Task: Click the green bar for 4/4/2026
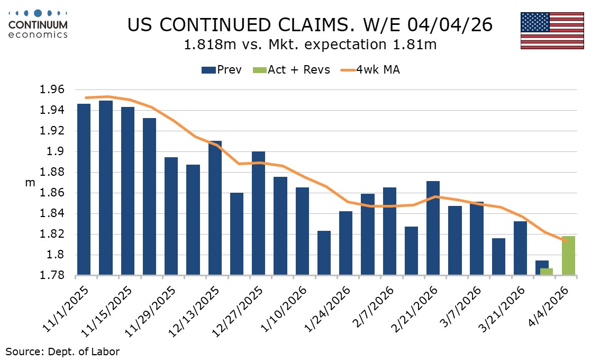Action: (568, 256)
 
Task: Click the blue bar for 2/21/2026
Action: (433, 228)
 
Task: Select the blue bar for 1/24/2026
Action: (346, 243)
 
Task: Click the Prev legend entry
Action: (221, 70)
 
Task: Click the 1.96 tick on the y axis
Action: (52, 89)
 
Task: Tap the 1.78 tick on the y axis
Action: (52, 276)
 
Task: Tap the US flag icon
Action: (552, 31)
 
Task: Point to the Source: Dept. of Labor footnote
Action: (63, 350)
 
